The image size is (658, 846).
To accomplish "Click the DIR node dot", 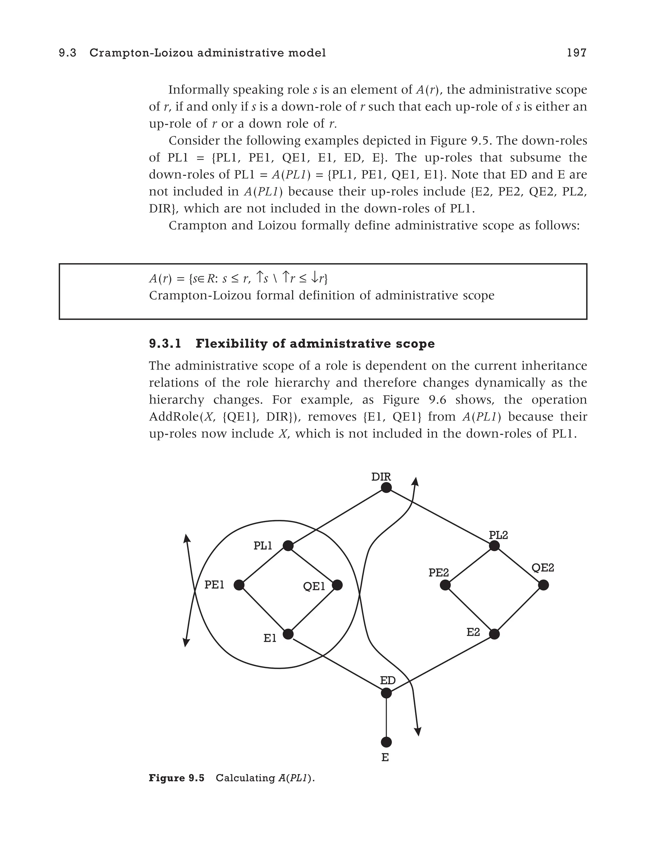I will click(x=386, y=487).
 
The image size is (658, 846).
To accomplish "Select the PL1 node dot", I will click(x=288, y=546).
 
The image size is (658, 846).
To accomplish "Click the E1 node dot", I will click(x=288, y=634).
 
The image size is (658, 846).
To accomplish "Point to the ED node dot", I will click(x=386, y=693).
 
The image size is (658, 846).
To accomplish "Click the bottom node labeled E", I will click(x=386, y=742).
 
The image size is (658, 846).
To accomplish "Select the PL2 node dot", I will click(x=494, y=546).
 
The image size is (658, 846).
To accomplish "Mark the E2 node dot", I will click(x=494, y=634).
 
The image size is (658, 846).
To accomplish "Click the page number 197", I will click(x=577, y=53).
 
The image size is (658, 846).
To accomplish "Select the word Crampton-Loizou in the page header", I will click(x=142, y=53).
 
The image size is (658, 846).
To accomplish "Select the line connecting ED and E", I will click(x=386, y=717).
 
